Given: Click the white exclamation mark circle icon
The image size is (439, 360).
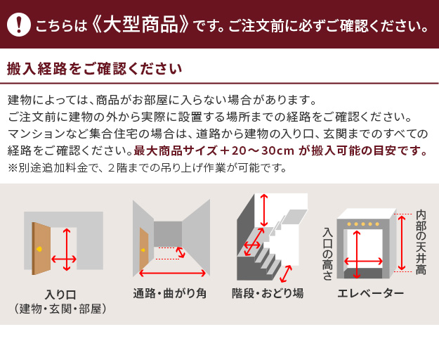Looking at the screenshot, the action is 19,25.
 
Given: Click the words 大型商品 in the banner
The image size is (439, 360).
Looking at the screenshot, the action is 140,25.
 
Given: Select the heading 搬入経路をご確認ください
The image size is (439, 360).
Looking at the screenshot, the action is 94,69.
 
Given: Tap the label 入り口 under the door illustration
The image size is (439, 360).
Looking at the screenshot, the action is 60,295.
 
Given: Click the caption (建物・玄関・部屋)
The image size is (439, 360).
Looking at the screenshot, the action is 60,309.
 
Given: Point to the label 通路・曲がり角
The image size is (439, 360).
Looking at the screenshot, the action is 170,293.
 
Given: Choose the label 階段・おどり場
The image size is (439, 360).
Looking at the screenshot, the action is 268,293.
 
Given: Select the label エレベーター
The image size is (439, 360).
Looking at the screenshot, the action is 370,293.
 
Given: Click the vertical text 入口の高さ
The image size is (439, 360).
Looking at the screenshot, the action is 327,255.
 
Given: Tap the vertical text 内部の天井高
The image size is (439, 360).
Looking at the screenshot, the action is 421,243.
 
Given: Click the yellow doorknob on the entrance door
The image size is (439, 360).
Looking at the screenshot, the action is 39,248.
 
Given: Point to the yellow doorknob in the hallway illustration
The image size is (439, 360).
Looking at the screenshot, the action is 143,250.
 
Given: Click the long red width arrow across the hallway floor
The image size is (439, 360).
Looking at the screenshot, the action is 173,273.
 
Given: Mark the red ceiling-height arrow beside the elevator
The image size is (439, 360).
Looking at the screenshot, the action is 402,243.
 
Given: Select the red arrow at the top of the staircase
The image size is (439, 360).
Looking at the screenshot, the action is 263,210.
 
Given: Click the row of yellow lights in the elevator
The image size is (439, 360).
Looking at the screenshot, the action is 363,224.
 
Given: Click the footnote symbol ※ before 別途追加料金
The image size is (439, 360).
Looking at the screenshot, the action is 13,168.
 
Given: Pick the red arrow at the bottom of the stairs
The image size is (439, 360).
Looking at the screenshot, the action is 286,274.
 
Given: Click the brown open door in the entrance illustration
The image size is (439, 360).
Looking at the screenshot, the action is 41,248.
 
